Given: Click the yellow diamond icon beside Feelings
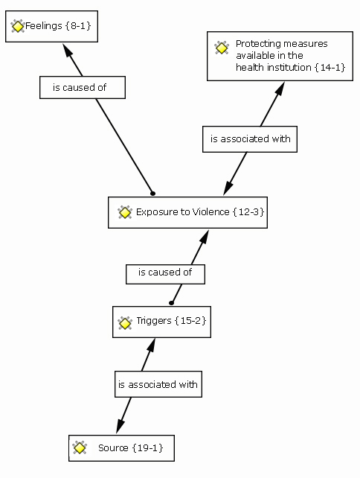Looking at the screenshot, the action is click(x=17, y=26).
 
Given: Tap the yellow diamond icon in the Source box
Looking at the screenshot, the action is click(x=80, y=447).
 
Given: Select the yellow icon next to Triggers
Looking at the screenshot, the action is click(x=124, y=323).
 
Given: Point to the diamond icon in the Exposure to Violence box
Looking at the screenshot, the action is click(x=124, y=212).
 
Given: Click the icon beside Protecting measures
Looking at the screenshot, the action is click(x=222, y=48).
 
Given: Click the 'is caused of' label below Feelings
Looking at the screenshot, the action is click(x=80, y=88).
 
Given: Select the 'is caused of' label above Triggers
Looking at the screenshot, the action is click(x=165, y=272).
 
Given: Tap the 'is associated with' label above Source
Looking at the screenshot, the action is click(x=158, y=384).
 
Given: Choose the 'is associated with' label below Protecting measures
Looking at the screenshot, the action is click(x=251, y=138).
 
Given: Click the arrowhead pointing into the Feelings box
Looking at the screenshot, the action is click(x=68, y=50).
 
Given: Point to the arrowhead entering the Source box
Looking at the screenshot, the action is click(x=120, y=426).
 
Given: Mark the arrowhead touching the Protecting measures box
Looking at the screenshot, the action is click(x=280, y=89).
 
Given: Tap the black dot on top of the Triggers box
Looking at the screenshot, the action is click(x=172, y=303).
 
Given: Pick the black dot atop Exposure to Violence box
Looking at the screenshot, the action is click(x=153, y=194).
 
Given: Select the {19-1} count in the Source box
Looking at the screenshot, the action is click(x=148, y=447).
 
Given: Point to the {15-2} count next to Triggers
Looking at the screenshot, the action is click(x=191, y=321).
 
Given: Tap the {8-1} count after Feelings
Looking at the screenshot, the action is click(x=78, y=25).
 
